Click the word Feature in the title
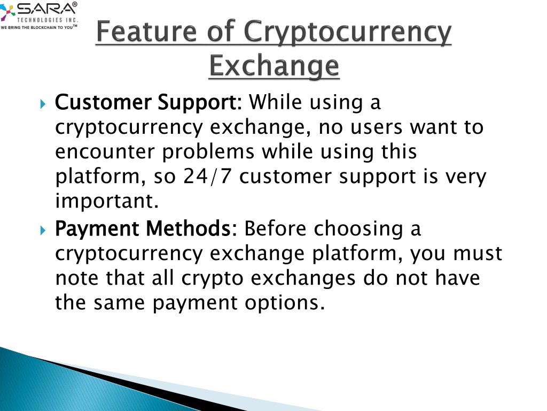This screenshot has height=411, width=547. point(146,32)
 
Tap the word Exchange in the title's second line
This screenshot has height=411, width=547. point(274,66)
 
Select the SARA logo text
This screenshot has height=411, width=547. point(47,9)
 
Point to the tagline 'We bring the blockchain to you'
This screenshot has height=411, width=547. point(38,27)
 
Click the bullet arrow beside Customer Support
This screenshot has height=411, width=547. point(43,104)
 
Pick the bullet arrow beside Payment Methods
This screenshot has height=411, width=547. point(43,230)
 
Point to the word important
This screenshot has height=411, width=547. point(107,201)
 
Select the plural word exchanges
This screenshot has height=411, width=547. point(303,278)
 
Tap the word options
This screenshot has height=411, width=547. point(284,303)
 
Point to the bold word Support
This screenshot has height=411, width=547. point(197,103)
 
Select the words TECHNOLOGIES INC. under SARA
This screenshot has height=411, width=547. point(48,20)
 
